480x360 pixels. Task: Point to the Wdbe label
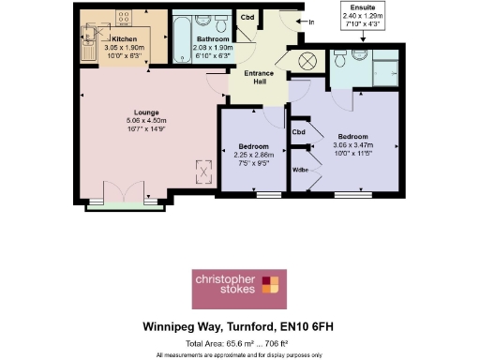[301, 170]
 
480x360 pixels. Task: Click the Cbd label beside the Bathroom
[247, 18]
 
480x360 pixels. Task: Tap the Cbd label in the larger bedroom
[299, 131]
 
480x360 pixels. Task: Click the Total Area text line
[239, 344]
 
